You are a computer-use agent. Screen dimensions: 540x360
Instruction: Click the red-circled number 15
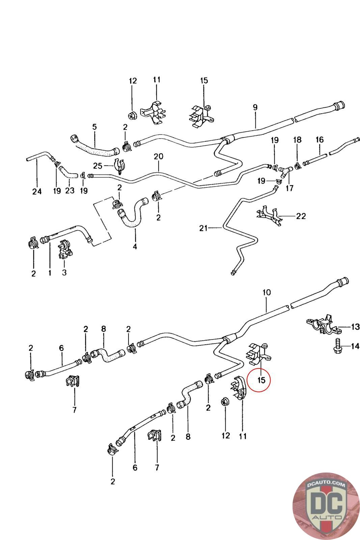click(261, 380)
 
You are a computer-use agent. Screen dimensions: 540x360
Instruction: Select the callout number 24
click(37, 192)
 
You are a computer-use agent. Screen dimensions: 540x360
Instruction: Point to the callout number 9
click(255, 107)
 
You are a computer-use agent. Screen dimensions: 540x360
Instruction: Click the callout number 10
click(267, 292)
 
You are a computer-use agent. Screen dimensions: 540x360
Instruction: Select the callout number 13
click(356, 327)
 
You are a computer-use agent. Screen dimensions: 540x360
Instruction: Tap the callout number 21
click(203, 228)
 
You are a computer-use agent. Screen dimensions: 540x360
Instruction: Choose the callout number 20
click(158, 157)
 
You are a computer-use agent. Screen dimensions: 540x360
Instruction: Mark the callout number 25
click(98, 166)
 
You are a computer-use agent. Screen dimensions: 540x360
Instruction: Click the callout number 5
click(94, 127)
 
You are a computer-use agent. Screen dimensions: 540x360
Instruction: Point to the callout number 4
click(135, 246)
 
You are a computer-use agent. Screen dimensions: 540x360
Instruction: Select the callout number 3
click(64, 272)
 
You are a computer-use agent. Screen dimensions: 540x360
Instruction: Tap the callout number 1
click(50, 273)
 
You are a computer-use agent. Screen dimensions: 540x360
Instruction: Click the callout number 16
click(320, 140)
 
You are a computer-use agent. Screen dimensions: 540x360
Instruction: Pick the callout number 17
click(289, 188)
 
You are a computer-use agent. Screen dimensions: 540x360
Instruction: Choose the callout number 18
click(297, 140)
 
